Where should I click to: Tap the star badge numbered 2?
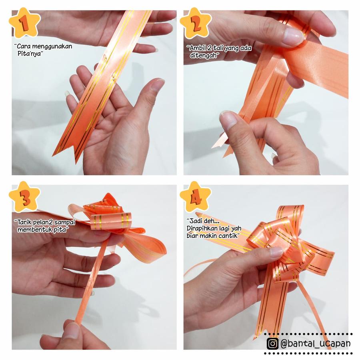coord(195,23)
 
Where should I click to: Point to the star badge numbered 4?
coord(195,196)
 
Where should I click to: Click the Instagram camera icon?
coord(272,344)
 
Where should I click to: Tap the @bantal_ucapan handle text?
coord(316,344)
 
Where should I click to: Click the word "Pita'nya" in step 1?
coord(30,54)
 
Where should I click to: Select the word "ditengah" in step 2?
coord(204,55)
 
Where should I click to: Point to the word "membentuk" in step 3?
coord(35,229)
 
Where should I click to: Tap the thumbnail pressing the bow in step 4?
coord(276,252)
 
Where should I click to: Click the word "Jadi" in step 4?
coord(194,221)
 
